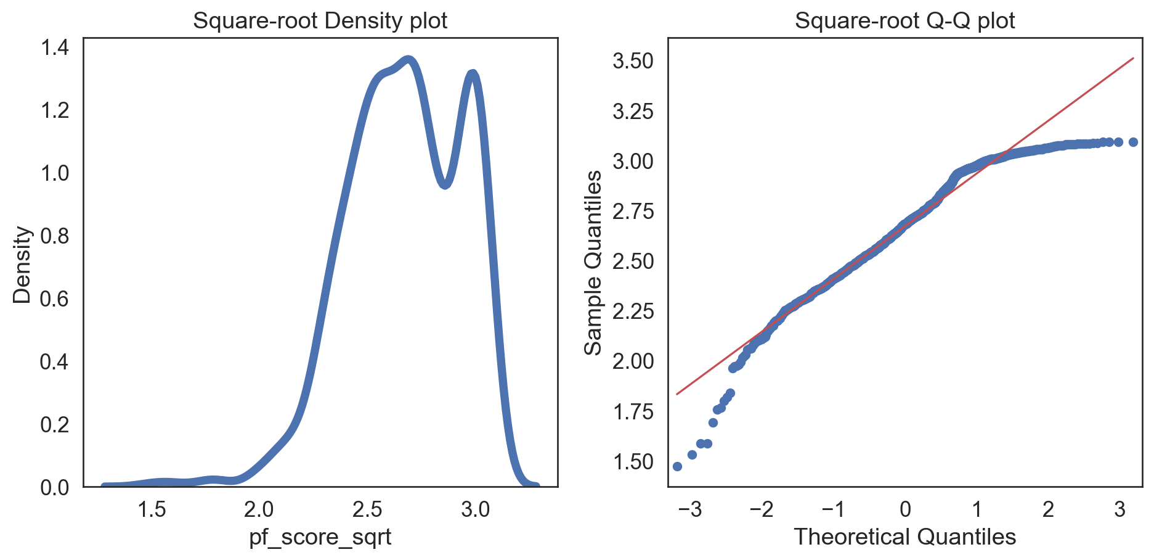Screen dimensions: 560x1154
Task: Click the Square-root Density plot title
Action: coord(320,21)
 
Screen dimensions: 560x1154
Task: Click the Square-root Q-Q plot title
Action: coord(904,21)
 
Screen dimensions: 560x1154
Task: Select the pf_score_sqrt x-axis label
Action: coord(320,537)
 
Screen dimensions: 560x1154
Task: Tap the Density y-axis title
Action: coord(22,265)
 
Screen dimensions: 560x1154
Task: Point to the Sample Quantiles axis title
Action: coord(593,263)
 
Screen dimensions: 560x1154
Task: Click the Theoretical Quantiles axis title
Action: coord(904,537)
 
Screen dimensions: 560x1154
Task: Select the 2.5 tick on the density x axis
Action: coord(367,509)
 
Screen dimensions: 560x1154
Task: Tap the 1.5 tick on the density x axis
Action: coord(152,509)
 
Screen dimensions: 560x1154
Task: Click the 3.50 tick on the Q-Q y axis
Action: coord(633,61)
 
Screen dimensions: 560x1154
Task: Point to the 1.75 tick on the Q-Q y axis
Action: coord(633,412)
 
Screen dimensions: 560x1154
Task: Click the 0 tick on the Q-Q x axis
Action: coord(904,509)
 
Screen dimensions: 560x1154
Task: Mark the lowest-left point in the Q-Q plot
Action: coord(677,466)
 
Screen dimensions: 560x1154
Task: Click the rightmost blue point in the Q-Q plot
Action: coord(1132,142)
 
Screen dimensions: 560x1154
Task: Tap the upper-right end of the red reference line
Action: coord(1133,59)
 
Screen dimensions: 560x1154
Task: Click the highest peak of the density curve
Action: coord(408,60)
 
